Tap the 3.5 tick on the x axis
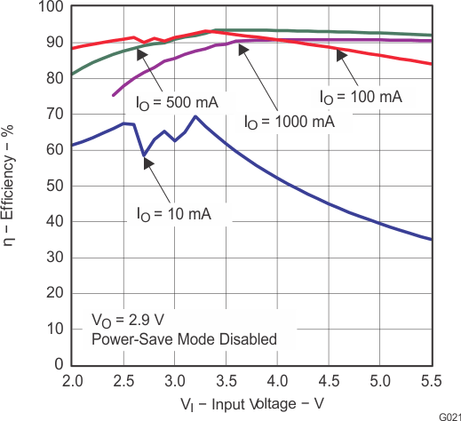[x=227, y=381]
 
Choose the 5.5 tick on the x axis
[x=432, y=381]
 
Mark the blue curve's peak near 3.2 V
[x=195, y=116]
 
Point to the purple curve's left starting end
[x=113, y=95]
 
